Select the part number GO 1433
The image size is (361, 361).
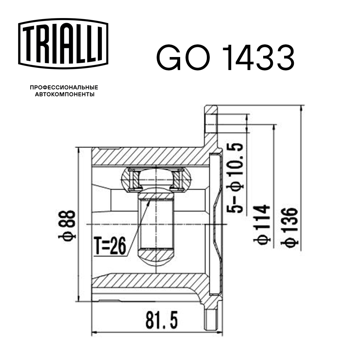pyautogui.click(x=225, y=58)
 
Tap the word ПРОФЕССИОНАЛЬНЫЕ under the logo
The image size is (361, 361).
pyautogui.click(x=64, y=88)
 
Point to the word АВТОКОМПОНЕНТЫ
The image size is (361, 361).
pyautogui.click(x=64, y=95)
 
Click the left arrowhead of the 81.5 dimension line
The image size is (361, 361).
pyautogui.click(x=95, y=332)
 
